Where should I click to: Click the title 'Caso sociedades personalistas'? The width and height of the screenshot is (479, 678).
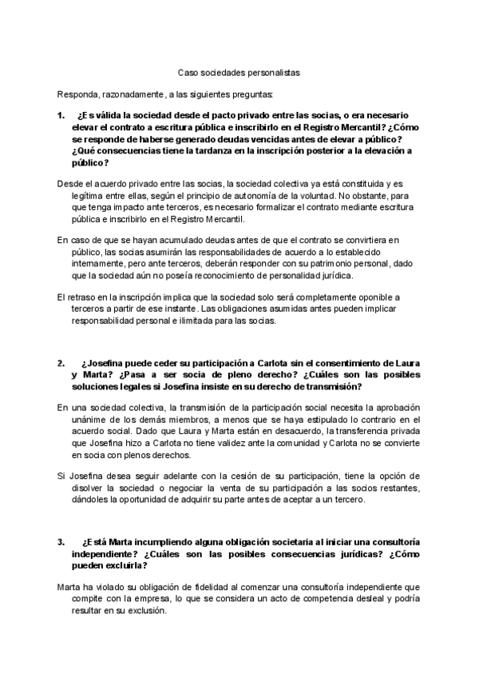[239, 71]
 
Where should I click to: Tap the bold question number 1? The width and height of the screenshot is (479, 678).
[61, 115]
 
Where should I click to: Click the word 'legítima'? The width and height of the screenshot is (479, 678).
[73, 197]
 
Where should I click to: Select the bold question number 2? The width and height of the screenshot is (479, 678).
[61, 363]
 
